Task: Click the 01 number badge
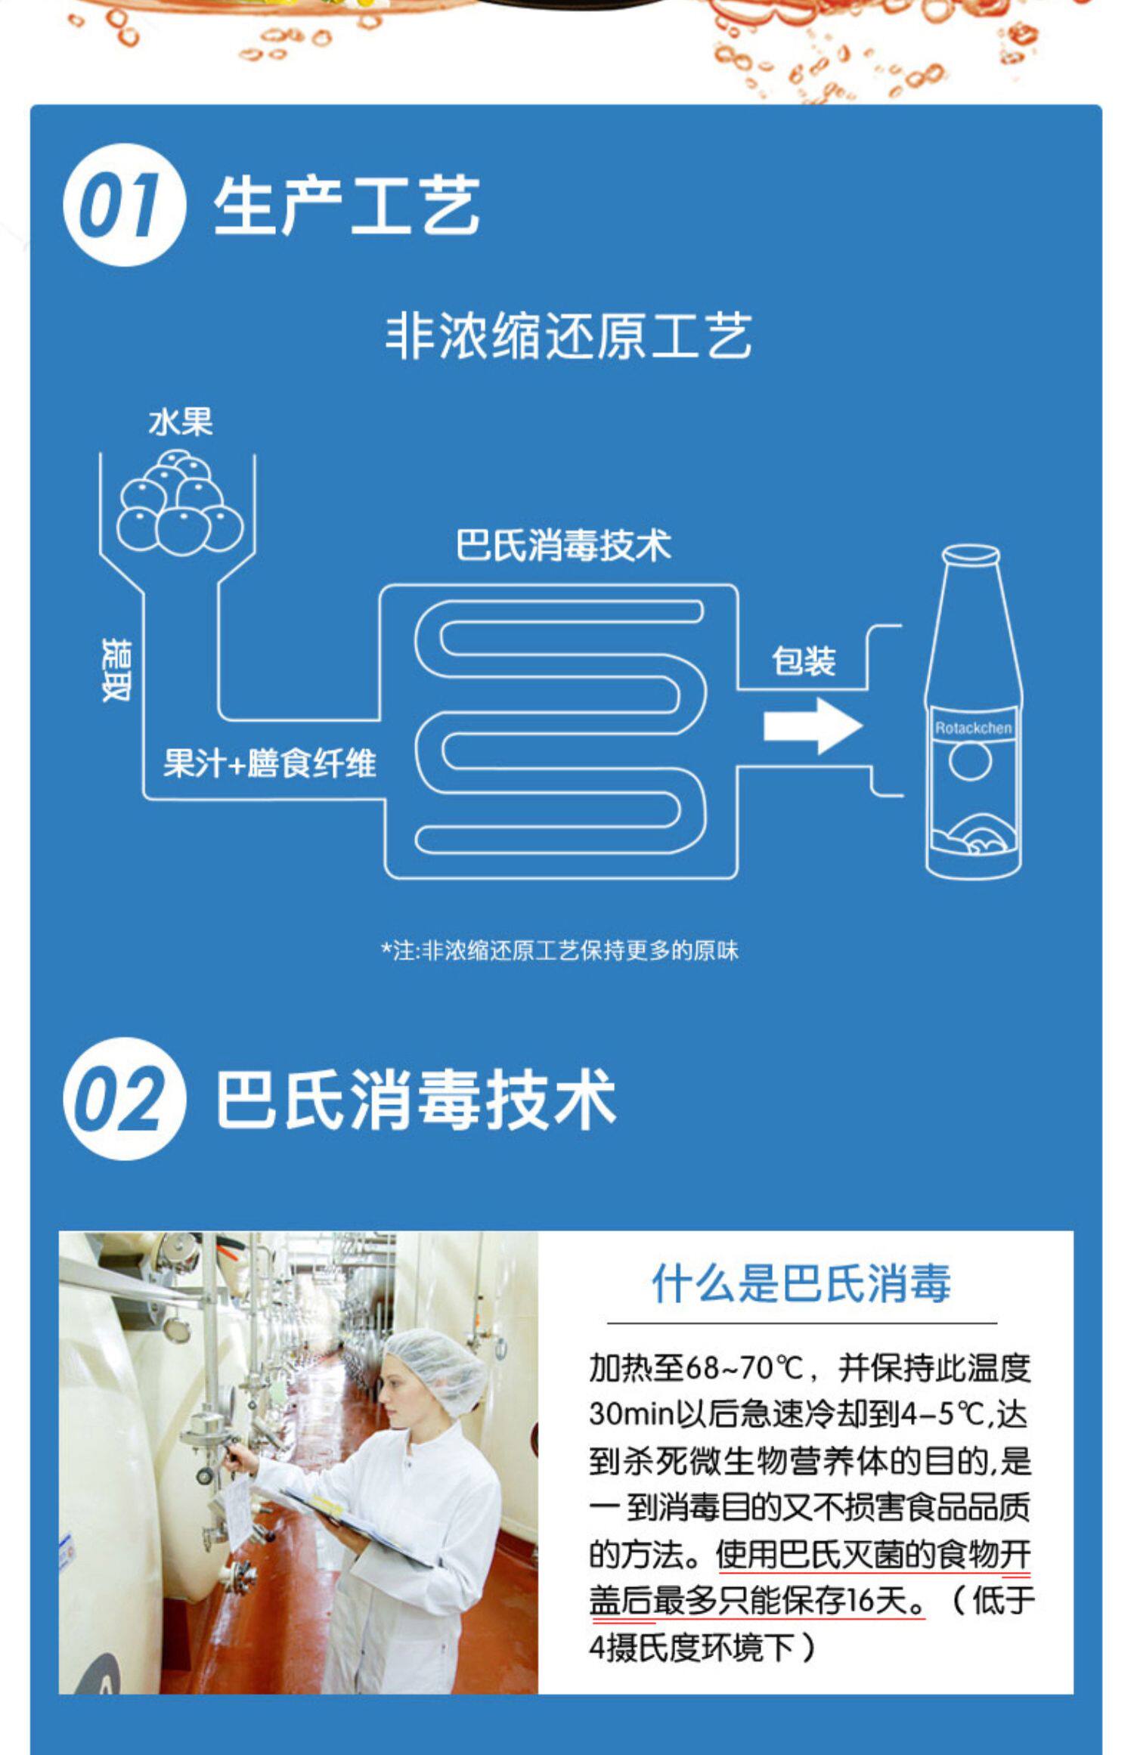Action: pos(123,205)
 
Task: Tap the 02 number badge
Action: pos(123,1098)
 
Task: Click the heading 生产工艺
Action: pos(346,206)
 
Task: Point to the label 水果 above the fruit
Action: pos(181,422)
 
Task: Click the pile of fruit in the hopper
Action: pos(180,503)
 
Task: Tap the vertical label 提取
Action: pos(117,670)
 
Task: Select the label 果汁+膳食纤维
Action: pos(270,763)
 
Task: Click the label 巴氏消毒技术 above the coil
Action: pos(563,545)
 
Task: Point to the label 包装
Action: pos(804,661)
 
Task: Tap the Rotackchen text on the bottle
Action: pos(972,729)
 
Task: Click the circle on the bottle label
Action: pos(970,760)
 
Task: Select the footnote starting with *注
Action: pos(559,950)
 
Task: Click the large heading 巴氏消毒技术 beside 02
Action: pos(416,1099)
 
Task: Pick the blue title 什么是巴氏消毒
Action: pos(801,1283)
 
